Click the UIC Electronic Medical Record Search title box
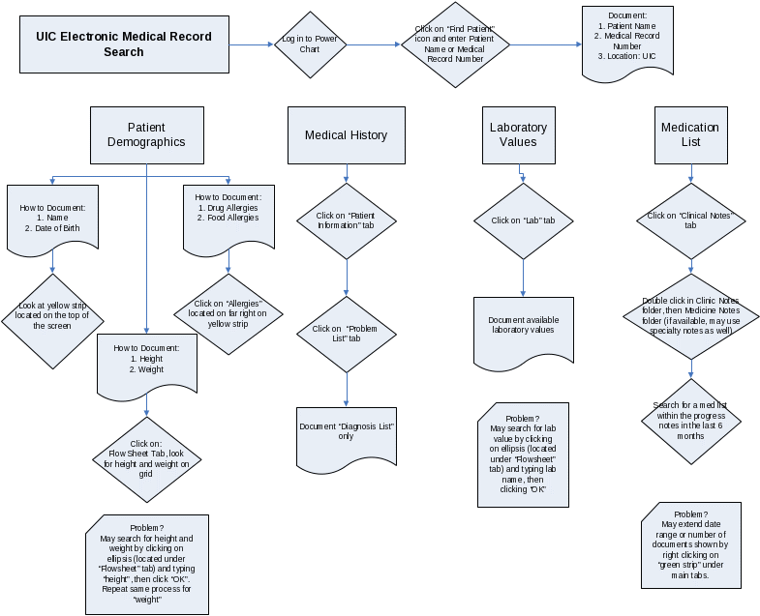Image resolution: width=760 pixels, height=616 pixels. point(124,44)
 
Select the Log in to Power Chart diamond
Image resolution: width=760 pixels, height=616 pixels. point(310,44)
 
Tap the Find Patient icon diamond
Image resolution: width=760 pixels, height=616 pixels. point(454,45)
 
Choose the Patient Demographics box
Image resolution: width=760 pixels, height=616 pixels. point(146,134)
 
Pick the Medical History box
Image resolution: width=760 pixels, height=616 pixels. point(346,135)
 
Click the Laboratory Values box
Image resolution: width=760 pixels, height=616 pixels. point(518,134)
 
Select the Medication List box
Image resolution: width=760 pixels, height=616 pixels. point(690,134)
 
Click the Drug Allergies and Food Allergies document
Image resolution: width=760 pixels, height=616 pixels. point(228,217)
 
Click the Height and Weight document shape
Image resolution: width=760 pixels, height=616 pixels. point(146,365)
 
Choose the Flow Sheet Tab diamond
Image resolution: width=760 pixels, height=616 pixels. point(147,458)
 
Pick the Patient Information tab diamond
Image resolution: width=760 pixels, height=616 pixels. point(346,220)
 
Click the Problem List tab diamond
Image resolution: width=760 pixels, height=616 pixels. point(346,334)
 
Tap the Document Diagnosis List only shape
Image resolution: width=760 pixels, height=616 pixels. point(347,434)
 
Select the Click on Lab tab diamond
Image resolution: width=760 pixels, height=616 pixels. point(523,220)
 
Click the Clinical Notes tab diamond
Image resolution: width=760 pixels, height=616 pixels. point(690,220)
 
